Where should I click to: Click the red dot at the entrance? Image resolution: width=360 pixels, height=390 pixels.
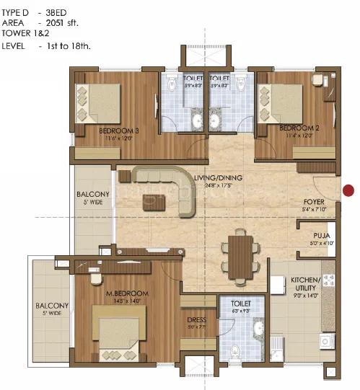349,190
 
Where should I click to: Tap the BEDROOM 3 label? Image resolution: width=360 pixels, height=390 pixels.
118,130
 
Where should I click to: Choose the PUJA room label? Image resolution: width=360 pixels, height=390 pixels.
322,236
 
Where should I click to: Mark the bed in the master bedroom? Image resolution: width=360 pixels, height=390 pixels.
120,330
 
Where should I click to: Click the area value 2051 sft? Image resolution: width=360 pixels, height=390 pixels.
63,23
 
